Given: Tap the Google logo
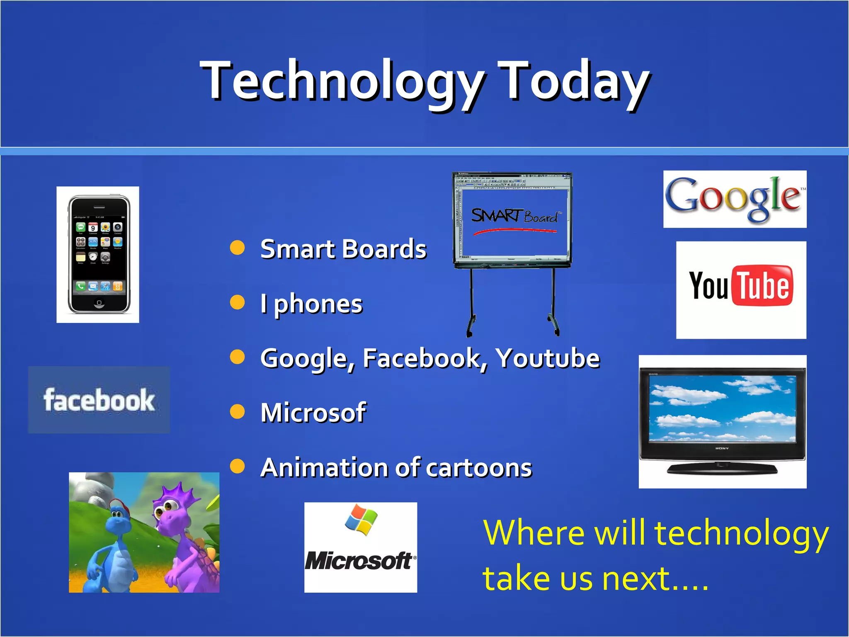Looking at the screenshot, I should (x=734, y=199).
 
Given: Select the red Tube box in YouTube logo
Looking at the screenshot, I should (x=763, y=286).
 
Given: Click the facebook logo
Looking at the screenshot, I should (x=99, y=400).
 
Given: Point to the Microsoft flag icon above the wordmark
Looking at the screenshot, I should (x=361, y=519).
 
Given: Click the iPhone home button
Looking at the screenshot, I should (x=99, y=303).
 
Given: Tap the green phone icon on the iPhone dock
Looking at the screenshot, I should (x=80, y=286).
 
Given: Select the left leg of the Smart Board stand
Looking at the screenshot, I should (x=471, y=303).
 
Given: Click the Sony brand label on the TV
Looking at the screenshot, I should (x=722, y=448).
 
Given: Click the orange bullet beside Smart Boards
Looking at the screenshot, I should (x=238, y=248).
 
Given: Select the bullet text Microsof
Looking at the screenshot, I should (x=313, y=413).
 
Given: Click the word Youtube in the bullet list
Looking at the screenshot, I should (x=548, y=358).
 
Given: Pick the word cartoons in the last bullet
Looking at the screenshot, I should (x=479, y=468).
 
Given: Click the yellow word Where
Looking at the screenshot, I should (x=534, y=532).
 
